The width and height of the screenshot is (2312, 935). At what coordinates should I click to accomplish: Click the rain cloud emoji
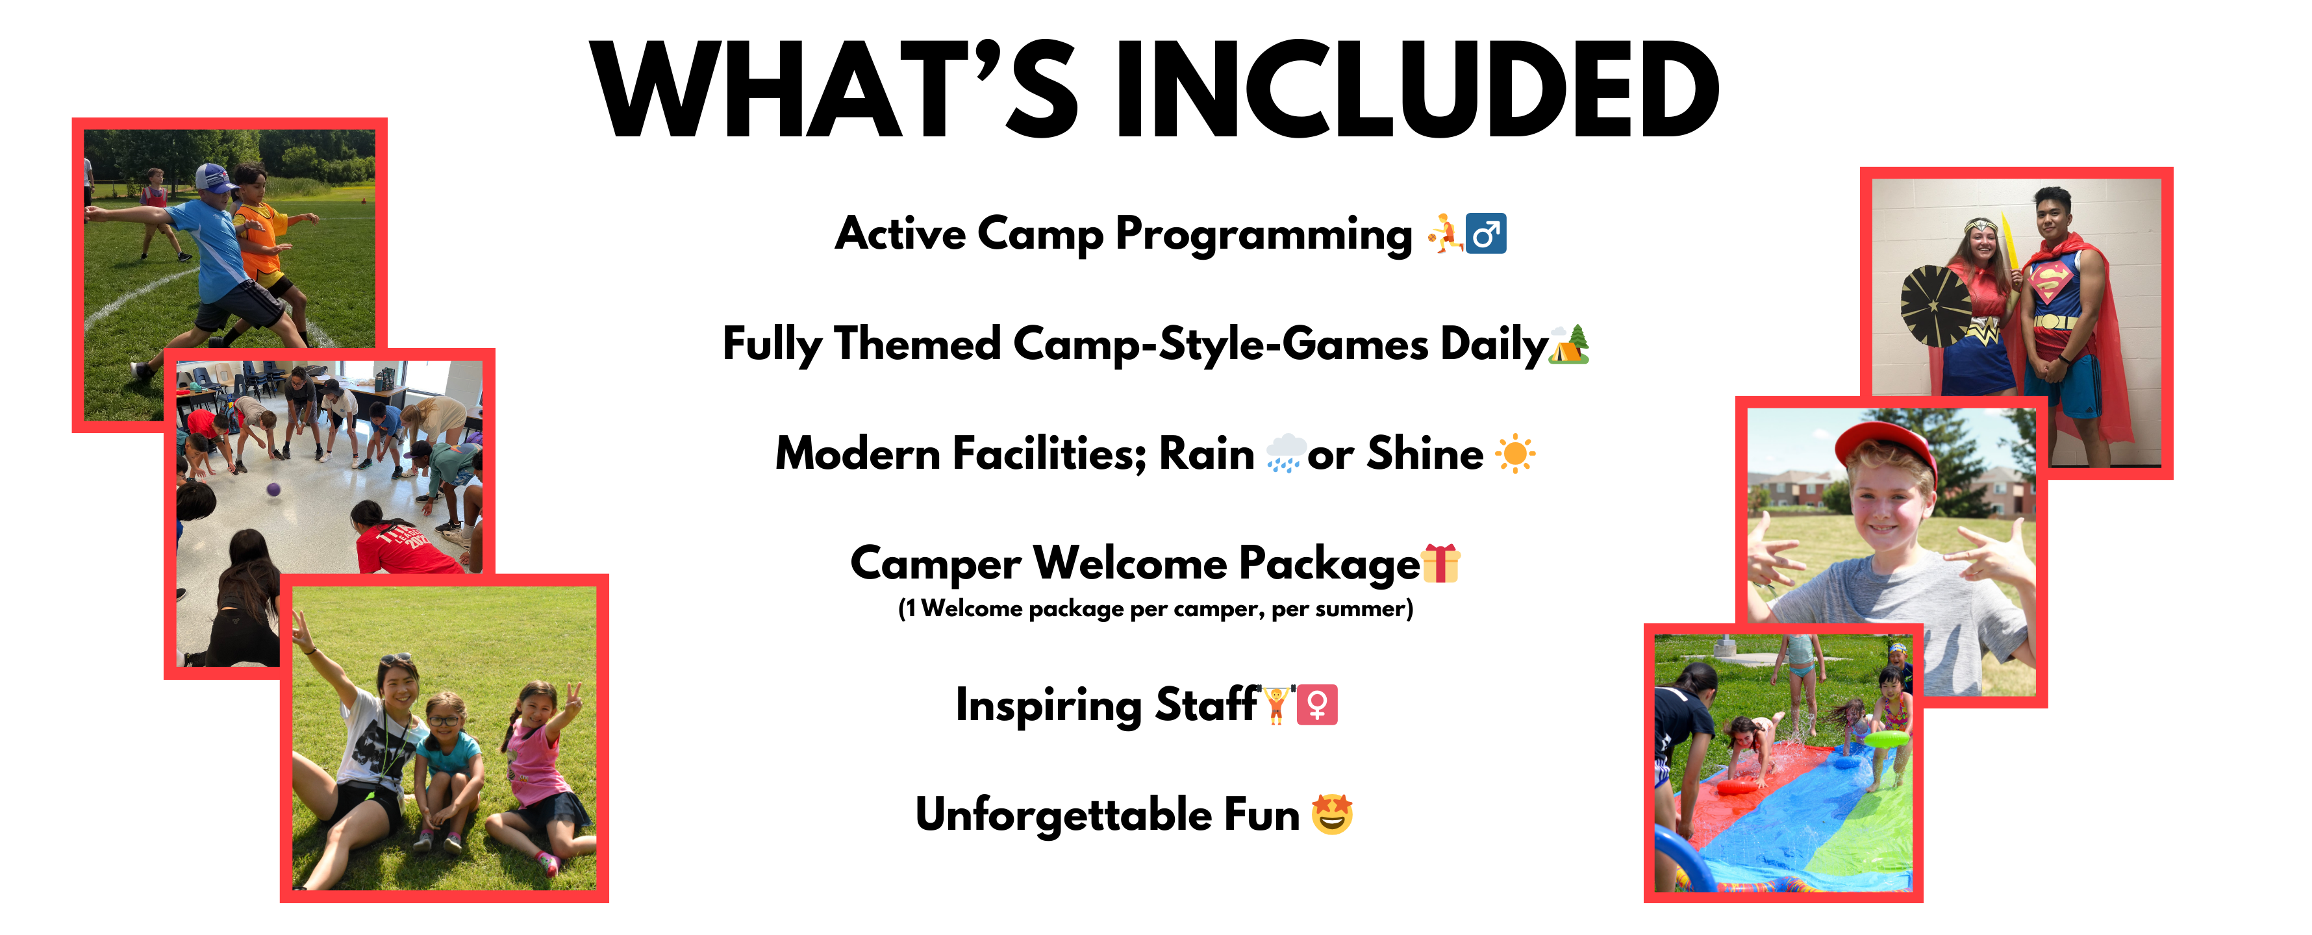1285,453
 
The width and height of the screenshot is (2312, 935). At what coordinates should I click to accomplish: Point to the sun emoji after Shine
1515,453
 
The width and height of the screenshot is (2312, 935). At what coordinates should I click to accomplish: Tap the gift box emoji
1440,564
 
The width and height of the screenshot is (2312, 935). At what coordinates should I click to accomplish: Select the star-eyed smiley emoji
1332,814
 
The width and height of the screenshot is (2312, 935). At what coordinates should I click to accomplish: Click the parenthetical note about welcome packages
1156,608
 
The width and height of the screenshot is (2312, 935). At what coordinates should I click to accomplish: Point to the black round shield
1937,306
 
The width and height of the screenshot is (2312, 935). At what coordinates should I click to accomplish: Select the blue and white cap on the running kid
214,178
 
